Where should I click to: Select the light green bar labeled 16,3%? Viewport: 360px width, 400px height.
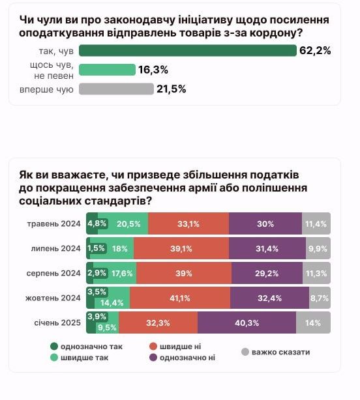point(107,70)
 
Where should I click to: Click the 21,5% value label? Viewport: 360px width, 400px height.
point(171,89)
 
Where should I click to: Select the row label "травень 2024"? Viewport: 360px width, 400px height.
point(53,223)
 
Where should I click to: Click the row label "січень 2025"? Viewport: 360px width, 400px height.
point(57,322)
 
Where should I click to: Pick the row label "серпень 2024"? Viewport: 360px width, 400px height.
point(55,273)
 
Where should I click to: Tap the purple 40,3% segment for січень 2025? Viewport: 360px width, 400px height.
point(247,322)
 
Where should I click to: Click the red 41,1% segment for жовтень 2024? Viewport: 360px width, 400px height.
point(179,298)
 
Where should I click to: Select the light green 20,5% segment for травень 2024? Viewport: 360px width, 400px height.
point(128,223)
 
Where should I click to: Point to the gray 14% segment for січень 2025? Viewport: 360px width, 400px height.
point(313,322)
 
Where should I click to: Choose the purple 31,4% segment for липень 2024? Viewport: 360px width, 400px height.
point(268,248)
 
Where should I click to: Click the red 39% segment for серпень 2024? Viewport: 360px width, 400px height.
point(183,273)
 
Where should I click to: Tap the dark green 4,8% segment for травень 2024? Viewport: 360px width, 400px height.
point(97,223)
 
